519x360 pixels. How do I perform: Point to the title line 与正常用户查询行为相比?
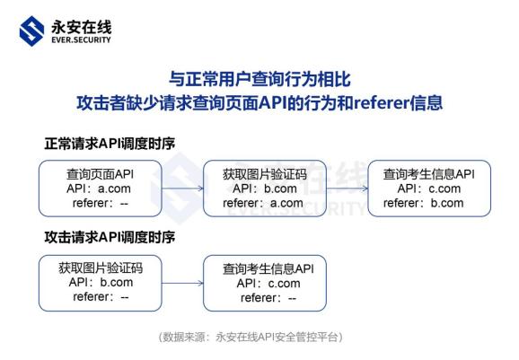259,79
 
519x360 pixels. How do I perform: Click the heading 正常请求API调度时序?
110,144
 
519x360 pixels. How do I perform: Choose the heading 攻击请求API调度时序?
110,238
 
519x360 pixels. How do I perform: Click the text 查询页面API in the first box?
101,174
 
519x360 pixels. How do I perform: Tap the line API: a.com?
101,189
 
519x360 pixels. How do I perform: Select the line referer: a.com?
263,203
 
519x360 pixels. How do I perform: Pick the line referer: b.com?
424,203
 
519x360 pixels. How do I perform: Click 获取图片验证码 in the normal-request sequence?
263,174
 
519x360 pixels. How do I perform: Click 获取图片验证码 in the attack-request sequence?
101,268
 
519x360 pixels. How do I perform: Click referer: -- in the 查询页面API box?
101,203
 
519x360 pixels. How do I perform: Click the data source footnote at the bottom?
251,337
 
